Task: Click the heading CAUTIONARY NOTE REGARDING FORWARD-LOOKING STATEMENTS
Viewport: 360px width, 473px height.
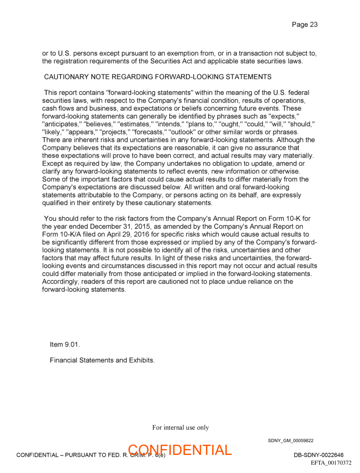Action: click(x=157, y=77)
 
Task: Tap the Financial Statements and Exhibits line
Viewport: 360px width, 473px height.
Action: click(x=102, y=360)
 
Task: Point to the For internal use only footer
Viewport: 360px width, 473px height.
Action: click(x=180, y=427)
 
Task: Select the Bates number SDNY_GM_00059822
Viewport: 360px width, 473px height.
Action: click(x=290, y=440)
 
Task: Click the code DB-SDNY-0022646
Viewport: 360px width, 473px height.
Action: click(x=319, y=455)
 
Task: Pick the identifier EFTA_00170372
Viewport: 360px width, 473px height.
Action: click(x=331, y=462)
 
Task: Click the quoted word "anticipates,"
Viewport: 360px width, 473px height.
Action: click(x=61, y=124)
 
